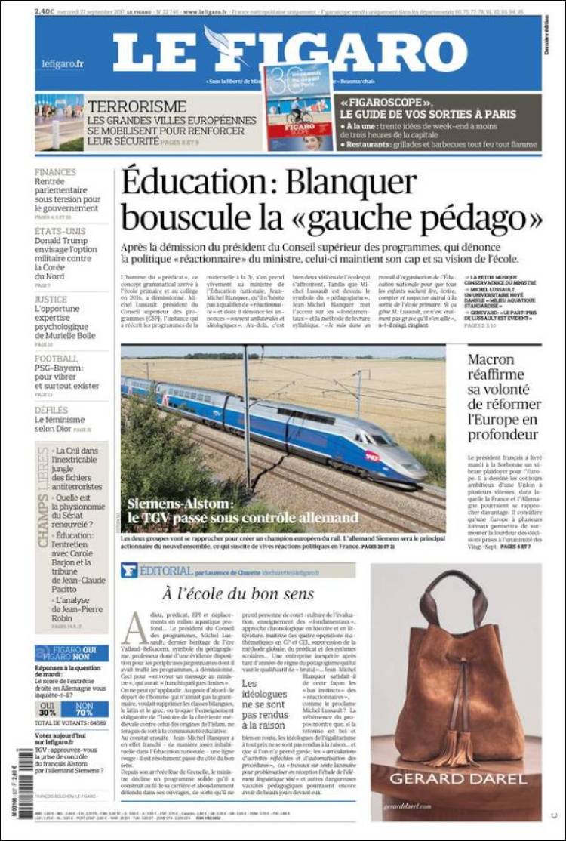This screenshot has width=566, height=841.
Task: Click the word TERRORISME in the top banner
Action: [x=136, y=106]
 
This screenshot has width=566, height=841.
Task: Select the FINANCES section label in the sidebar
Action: [x=55, y=172]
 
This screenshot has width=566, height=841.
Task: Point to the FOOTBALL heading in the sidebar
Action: [x=56, y=359]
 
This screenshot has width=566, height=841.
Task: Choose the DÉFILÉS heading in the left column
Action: [x=51, y=410]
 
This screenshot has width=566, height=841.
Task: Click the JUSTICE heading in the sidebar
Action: [x=51, y=299]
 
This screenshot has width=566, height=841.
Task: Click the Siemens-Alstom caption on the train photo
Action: [x=241, y=510]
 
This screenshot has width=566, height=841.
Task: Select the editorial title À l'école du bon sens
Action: [x=238, y=594]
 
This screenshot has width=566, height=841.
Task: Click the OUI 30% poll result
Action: [x=48, y=709]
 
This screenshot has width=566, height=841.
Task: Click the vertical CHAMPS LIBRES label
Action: [x=43, y=498]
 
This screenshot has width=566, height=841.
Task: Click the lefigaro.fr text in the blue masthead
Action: [x=63, y=64]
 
